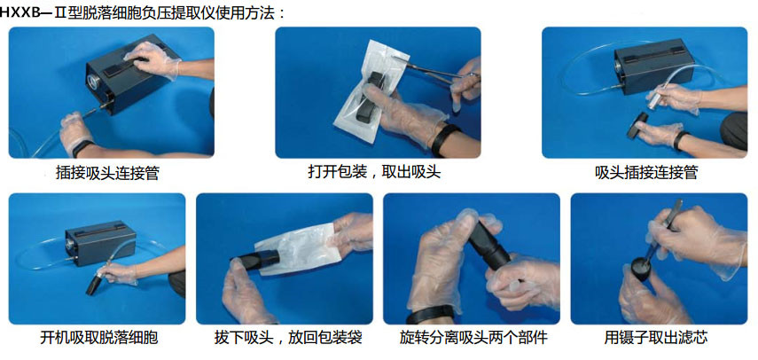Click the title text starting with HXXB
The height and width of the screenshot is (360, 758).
point(143,13)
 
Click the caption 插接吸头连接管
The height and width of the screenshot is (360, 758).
point(107,173)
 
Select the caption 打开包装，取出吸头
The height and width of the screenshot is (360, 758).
point(375,171)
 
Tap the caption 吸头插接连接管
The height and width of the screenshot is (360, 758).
point(646,173)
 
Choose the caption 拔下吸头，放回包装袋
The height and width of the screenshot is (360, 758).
point(288,337)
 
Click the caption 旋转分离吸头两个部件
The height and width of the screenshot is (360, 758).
point(473,337)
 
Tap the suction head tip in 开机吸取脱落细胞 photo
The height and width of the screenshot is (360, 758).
point(92,286)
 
